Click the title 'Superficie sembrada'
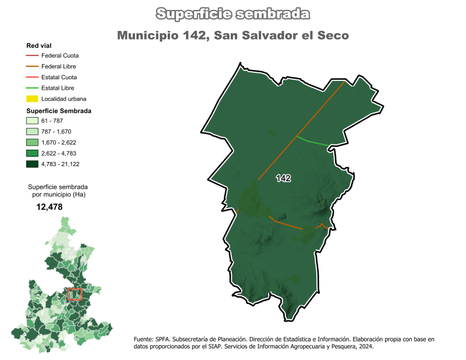pos(233,13)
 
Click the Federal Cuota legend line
pos(32,57)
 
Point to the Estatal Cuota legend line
pos(32,77)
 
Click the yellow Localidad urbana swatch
pos(32,98)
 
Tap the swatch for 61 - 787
pos(32,121)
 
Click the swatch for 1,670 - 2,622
pos(32,143)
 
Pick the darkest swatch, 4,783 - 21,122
pos(32,164)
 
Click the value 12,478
pos(50,207)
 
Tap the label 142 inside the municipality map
pos(284,178)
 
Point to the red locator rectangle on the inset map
pos(75,294)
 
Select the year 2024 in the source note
pos(364,347)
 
